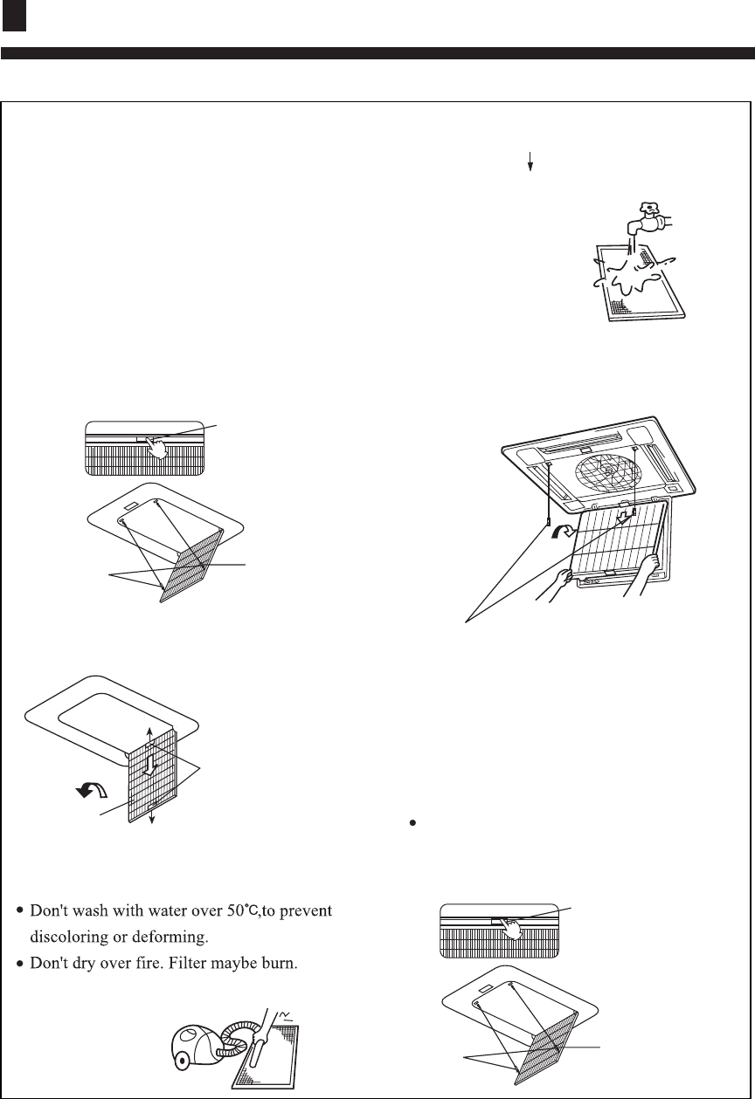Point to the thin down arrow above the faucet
point(530,163)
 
